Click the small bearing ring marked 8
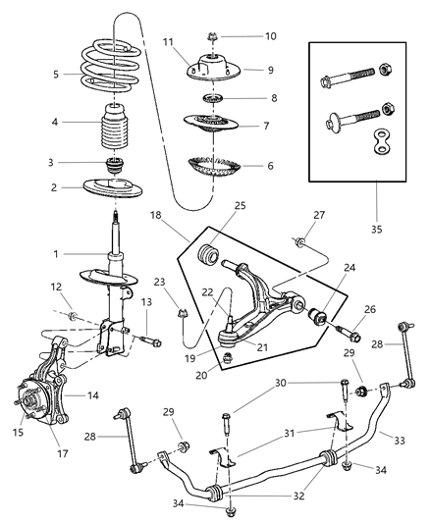pos(212,99)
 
